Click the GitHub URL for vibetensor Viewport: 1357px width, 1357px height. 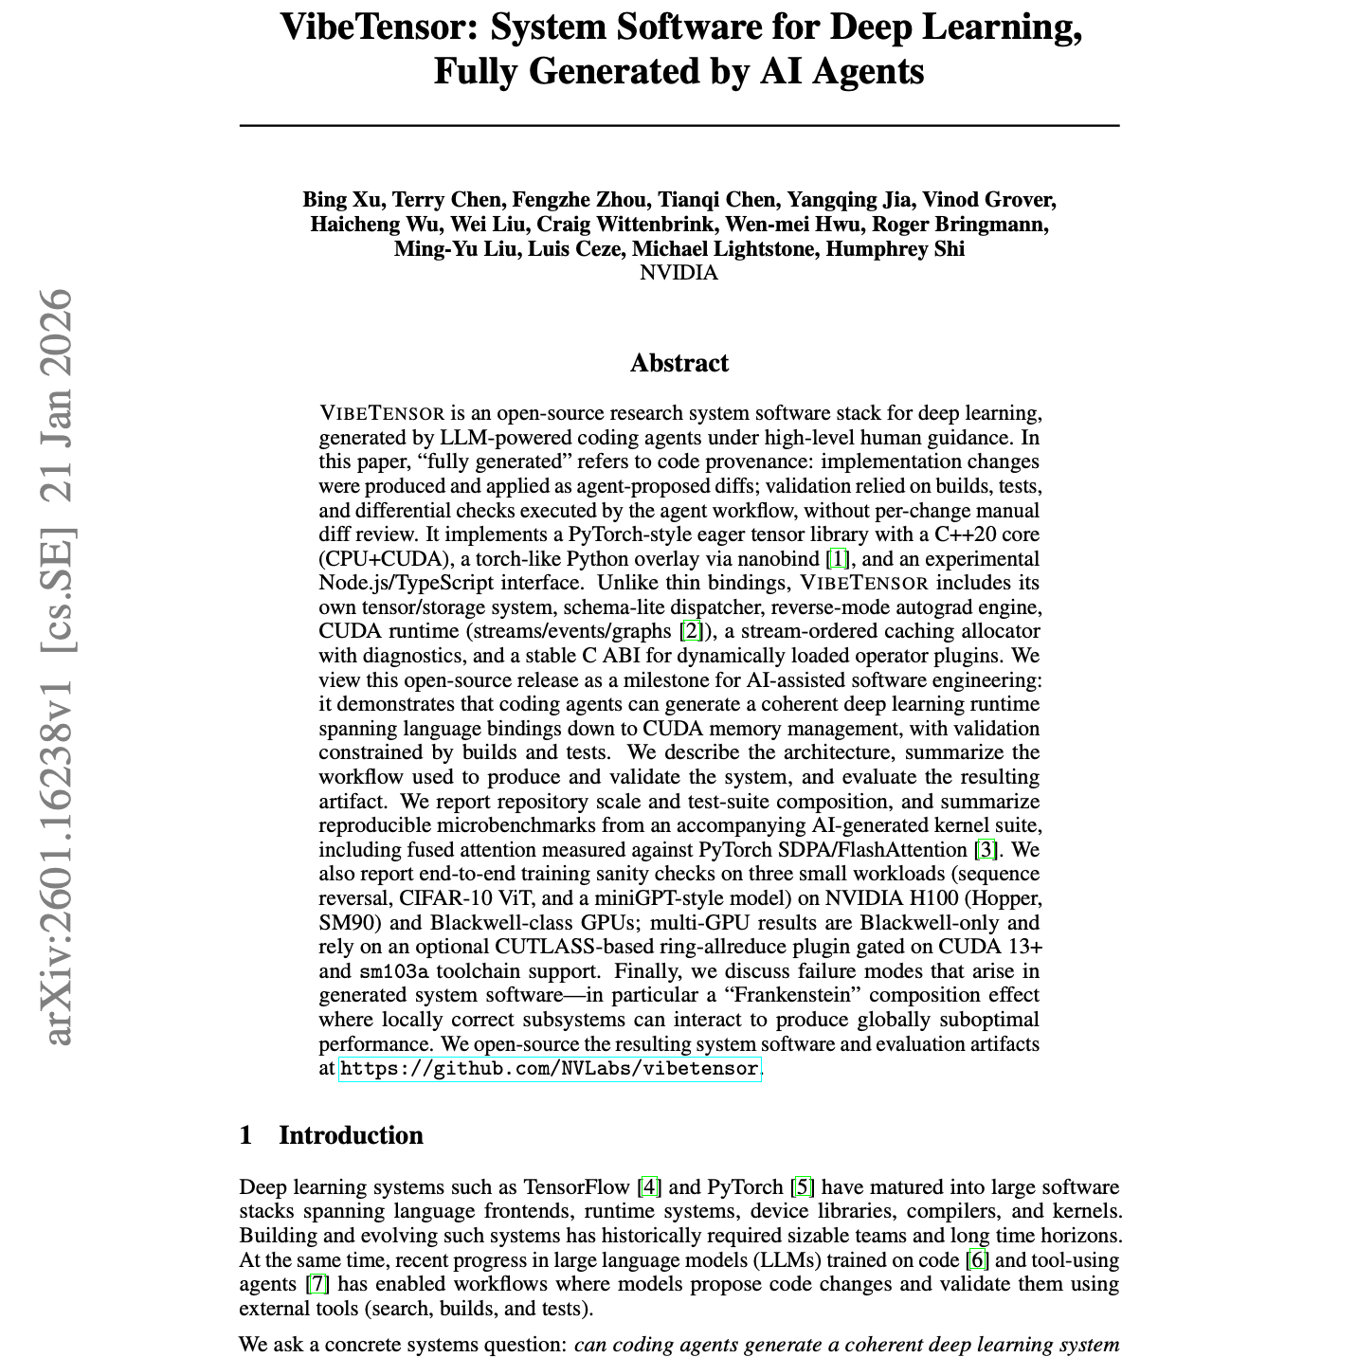[550, 1069]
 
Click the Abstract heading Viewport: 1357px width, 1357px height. [678, 363]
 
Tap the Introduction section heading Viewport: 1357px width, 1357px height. [351, 1135]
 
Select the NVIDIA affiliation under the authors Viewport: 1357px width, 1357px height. [678, 273]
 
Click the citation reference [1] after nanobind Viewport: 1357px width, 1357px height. [838, 559]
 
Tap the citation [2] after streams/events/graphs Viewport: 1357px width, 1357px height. [693, 631]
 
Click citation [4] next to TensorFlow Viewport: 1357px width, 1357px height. [649, 1187]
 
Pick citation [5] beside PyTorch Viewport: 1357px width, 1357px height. [803, 1187]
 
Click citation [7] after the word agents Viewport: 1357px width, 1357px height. [317, 1284]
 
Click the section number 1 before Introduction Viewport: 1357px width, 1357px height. [246, 1135]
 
